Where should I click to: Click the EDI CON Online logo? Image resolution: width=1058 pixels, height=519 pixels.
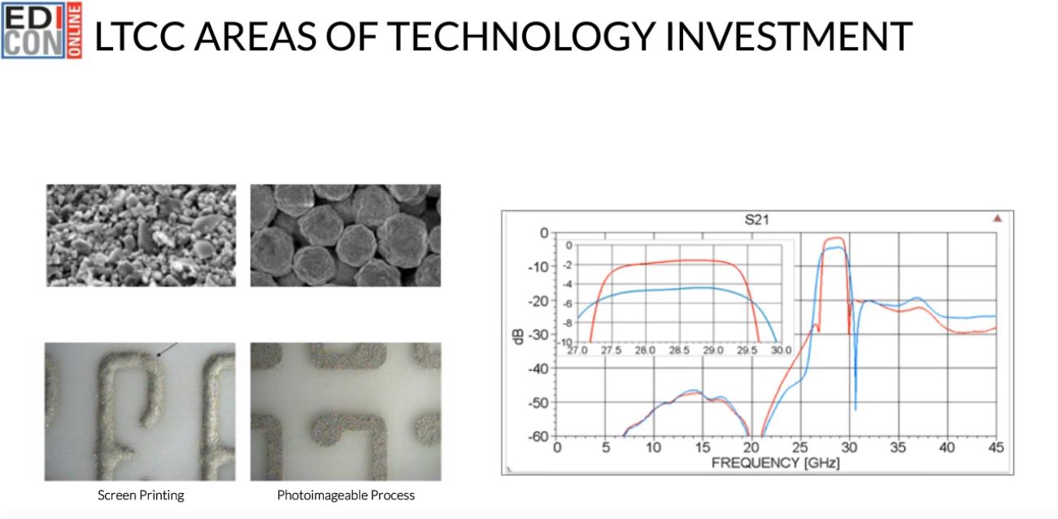point(42,30)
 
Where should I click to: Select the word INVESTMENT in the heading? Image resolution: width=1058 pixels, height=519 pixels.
point(789,36)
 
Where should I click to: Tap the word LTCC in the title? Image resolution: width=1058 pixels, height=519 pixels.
point(139,36)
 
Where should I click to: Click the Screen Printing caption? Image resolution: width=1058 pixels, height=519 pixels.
point(141,495)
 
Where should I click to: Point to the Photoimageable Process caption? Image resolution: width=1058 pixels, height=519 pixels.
point(346,495)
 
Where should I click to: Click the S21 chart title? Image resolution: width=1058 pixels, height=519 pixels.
point(756,220)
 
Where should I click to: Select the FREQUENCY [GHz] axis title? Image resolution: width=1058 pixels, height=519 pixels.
point(776,463)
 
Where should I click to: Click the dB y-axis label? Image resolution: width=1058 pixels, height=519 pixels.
point(518,336)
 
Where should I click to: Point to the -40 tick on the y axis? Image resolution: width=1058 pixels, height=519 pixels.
point(538,369)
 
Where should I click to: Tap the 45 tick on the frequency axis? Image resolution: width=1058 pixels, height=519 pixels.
point(995,447)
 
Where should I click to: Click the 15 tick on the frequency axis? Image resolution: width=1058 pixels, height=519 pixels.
point(703,447)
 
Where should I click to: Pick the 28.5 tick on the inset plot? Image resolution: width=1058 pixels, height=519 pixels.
point(679,351)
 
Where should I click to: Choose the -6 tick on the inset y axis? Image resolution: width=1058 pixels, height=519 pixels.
point(568,304)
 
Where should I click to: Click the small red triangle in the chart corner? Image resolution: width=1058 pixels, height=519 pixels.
point(997,218)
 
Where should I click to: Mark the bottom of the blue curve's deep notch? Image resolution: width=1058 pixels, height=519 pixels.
point(856,409)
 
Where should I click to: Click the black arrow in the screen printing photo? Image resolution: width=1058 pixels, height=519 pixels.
point(167,351)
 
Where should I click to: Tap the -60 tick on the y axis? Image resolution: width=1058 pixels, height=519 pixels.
point(538,436)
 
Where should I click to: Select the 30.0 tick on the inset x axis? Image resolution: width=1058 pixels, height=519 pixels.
point(782,351)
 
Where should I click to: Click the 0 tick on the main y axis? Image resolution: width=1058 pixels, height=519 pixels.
point(544,233)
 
